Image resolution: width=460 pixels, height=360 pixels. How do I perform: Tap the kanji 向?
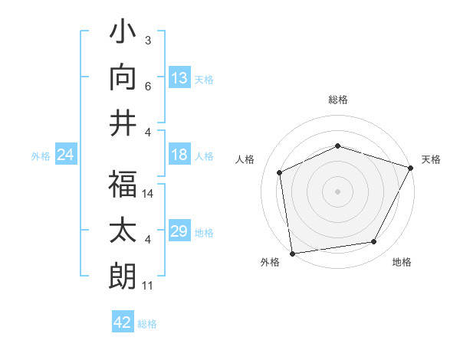click(123, 77)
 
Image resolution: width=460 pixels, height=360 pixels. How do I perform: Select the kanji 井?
click(123, 122)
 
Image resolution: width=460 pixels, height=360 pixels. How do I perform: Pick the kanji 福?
click(123, 184)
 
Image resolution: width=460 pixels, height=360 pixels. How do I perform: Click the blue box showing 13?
click(179, 78)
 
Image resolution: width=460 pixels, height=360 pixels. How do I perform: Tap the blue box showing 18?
click(179, 155)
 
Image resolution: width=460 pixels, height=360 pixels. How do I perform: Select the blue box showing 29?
click(179, 231)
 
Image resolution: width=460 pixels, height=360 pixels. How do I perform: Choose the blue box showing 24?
click(66, 155)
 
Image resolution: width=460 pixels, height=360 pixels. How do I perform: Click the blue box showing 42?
click(123, 322)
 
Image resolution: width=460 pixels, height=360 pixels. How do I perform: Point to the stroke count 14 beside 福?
click(149, 195)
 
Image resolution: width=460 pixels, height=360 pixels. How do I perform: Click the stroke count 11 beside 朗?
click(148, 286)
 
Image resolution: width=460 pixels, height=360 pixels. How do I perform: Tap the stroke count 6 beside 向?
click(148, 87)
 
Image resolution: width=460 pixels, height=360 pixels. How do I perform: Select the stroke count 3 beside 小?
click(148, 41)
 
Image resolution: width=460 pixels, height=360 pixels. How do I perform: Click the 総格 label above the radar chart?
click(338, 100)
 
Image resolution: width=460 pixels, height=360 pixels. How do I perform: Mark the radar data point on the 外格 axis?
click(292, 252)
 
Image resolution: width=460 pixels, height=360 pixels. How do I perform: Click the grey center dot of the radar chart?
click(338, 191)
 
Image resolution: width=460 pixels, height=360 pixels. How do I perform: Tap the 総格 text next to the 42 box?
click(147, 324)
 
